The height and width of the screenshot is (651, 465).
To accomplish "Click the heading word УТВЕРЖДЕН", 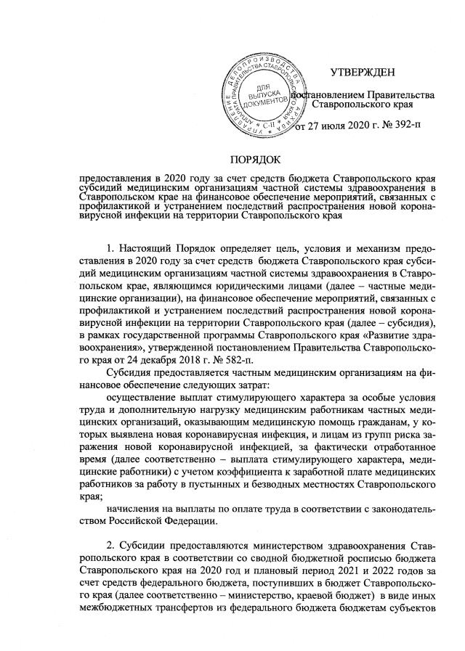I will pos(363,71).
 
